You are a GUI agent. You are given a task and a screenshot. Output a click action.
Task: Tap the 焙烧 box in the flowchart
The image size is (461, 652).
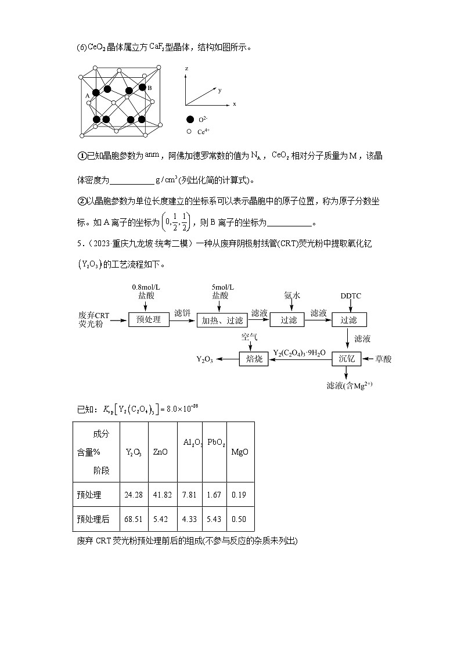tap(254, 359)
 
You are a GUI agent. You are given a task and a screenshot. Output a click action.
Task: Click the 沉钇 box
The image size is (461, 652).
tap(346, 359)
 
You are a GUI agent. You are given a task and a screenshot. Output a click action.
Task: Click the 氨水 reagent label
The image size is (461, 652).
tap(292, 296)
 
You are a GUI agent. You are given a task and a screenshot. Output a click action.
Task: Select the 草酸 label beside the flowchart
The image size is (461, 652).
tap(383, 359)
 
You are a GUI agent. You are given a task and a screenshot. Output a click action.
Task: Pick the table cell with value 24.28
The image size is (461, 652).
tap(134, 495)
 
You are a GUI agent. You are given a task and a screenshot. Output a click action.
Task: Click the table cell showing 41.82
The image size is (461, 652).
tap(162, 495)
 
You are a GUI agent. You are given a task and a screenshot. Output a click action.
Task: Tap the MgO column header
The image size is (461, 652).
tap(239, 452)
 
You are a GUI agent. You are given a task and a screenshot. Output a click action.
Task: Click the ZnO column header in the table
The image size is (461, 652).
tap(160, 452)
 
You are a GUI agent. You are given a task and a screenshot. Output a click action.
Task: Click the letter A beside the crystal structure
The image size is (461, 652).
tap(87, 95)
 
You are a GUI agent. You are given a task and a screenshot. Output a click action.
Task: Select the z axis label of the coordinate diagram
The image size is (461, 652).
tap(186, 69)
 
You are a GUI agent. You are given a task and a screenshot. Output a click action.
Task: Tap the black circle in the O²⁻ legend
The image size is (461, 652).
tap(190, 119)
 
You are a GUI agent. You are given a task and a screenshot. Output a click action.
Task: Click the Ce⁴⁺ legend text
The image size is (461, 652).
tap(204, 132)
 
